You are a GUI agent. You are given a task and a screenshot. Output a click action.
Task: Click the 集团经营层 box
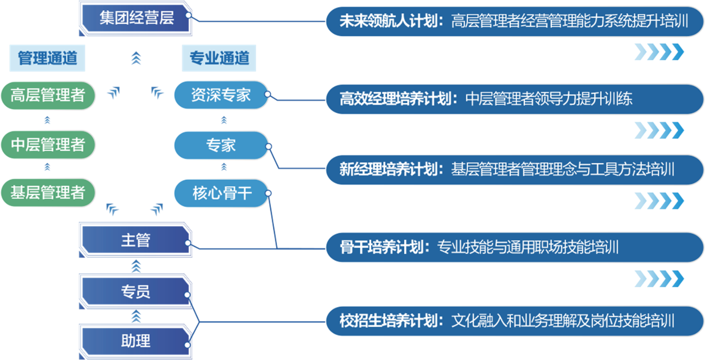coord(136,18)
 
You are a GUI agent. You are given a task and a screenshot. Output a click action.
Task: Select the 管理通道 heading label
coord(47,58)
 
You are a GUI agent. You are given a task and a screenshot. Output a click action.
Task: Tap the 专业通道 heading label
coord(219,58)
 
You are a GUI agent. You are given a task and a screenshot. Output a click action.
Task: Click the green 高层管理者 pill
coord(48,95)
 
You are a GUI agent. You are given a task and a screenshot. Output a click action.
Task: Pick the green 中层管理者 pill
coord(48,145)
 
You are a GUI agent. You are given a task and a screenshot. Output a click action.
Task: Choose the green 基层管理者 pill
coord(48,193)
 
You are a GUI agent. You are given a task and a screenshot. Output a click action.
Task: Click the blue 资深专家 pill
coord(221,95)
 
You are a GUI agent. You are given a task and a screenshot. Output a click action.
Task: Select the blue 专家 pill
coord(221,145)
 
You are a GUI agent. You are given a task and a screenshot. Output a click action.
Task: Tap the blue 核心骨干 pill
coord(221,193)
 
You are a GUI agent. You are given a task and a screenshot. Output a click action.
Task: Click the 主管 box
coord(136,240)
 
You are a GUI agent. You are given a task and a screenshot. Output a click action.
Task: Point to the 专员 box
coord(136,291)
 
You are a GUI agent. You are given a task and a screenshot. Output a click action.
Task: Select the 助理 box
coord(136,341)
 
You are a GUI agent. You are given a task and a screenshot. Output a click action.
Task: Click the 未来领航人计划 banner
coord(515,22)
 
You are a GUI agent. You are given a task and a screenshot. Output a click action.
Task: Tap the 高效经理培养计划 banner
coord(515,99)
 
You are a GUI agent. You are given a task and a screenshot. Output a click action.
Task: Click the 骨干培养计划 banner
coord(515,248)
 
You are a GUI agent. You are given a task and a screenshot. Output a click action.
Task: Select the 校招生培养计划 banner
coord(515,321)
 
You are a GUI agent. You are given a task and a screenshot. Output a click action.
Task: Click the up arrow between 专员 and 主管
coord(136,266)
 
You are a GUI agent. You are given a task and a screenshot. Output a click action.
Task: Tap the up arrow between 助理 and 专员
coord(136,316)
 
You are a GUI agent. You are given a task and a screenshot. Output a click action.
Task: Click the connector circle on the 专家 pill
coord(268,147)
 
